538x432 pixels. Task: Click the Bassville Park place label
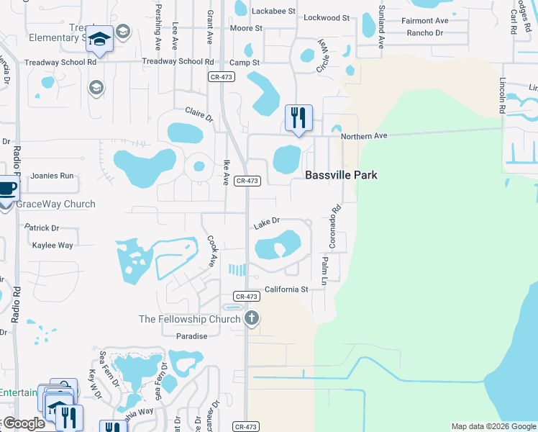pos(341,175)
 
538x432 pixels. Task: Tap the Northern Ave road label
pos(364,136)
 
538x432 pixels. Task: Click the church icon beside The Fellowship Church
pos(252,318)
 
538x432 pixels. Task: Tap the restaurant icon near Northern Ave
pos(298,117)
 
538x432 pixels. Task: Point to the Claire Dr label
pos(199,114)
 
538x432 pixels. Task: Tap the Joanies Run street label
pos(52,176)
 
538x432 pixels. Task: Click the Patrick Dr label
pos(42,228)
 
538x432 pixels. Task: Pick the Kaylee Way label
pos(53,246)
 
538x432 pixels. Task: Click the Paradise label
pos(191,336)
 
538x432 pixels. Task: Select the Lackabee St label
pos(274,11)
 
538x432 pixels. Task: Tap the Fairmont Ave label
pos(424,21)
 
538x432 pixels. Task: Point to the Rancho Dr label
pos(424,33)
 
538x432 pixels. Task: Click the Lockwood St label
pos(327,17)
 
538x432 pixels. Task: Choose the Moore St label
pos(246,28)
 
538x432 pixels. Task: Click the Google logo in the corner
pos(23,423)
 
